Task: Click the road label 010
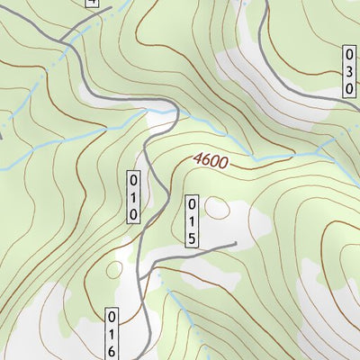[x=132, y=195]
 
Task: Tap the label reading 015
[x=193, y=220]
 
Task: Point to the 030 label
[x=348, y=71]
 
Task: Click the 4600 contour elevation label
[x=210, y=162]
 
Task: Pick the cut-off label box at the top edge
[x=90, y=3]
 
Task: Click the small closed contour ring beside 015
[x=217, y=210]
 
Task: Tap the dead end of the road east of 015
[x=235, y=243]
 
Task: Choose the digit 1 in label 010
[x=132, y=195]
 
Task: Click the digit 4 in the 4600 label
[x=196, y=159]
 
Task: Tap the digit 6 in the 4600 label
[x=205, y=161]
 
